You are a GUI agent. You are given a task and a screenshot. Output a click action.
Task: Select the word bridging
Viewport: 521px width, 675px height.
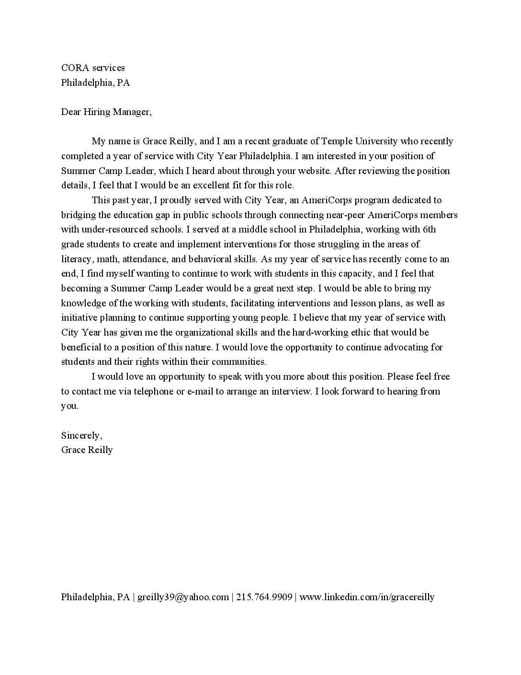pyautogui.click(x=79, y=215)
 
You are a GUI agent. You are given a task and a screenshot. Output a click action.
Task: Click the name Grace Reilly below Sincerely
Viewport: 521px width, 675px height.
pyautogui.click(x=87, y=450)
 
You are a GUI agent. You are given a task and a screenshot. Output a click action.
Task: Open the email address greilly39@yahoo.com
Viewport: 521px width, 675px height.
pyautogui.click(x=183, y=597)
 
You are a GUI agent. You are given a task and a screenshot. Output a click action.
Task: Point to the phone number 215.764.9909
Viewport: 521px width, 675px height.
pyautogui.click(x=264, y=597)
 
